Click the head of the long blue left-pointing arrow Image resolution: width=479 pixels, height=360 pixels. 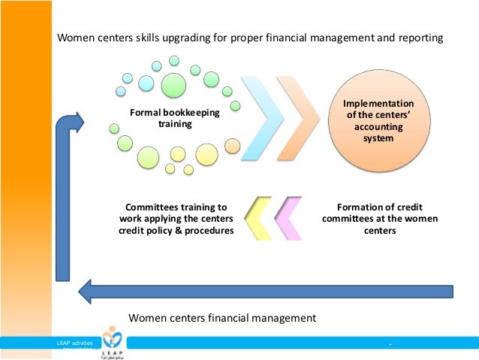click(88, 289)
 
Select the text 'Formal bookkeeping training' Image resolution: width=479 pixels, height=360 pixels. click(164, 119)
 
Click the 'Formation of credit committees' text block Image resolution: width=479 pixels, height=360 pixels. click(378, 218)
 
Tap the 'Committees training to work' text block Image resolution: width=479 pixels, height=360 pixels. click(176, 218)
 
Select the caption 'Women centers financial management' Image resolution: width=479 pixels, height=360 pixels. click(223, 318)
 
